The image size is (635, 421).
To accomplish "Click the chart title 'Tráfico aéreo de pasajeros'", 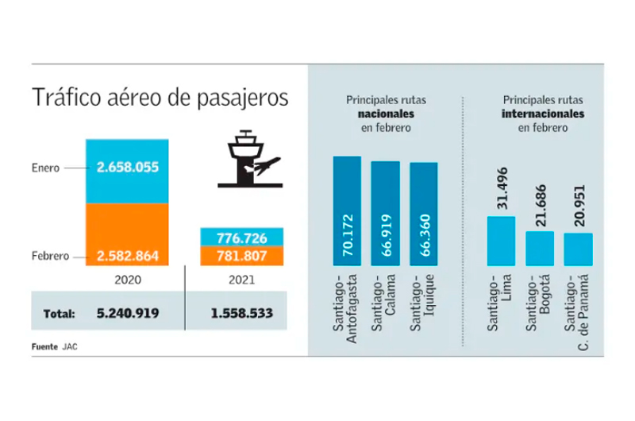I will click(x=160, y=99).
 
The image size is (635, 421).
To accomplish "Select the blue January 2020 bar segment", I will click(x=128, y=168).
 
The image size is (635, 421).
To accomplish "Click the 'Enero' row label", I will click(x=45, y=168).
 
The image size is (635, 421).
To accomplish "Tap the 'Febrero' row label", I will click(x=49, y=256).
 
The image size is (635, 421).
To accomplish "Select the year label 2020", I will click(x=128, y=280).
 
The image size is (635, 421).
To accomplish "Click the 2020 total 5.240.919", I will click(x=126, y=313).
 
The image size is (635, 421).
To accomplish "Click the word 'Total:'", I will click(x=53, y=313).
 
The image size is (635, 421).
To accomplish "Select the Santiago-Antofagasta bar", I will click(x=347, y=210).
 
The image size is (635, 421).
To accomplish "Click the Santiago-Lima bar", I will click(x=501, y=240).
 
